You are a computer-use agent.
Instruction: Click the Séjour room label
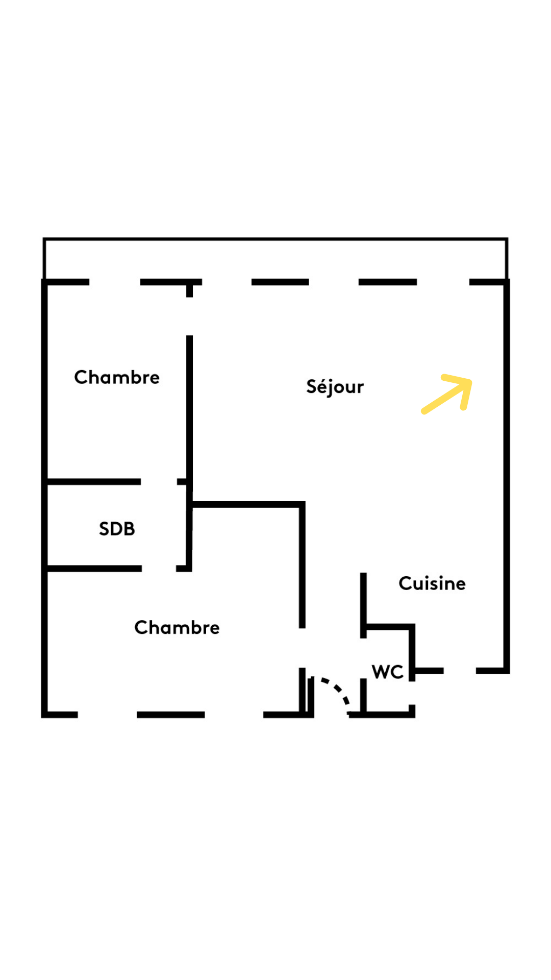coord(335,387)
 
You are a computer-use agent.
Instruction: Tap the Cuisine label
coord(432,583)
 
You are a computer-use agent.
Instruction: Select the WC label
coord(388,672)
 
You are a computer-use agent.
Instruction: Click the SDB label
coord(117,529)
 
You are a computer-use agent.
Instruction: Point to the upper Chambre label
coord(117,377)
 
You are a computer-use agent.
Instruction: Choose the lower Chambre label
coord(177,627)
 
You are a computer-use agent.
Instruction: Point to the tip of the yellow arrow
coord(471,380)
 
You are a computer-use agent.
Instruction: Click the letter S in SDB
coord(105,529)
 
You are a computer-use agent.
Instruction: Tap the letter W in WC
coord(381,672)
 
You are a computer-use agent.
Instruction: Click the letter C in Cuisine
coord(406,583)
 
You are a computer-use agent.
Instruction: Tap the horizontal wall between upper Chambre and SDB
coord(94,482)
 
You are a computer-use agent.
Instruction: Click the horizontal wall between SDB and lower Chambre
coord(94,568)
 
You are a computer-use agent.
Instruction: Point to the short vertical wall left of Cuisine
coord(363,605)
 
